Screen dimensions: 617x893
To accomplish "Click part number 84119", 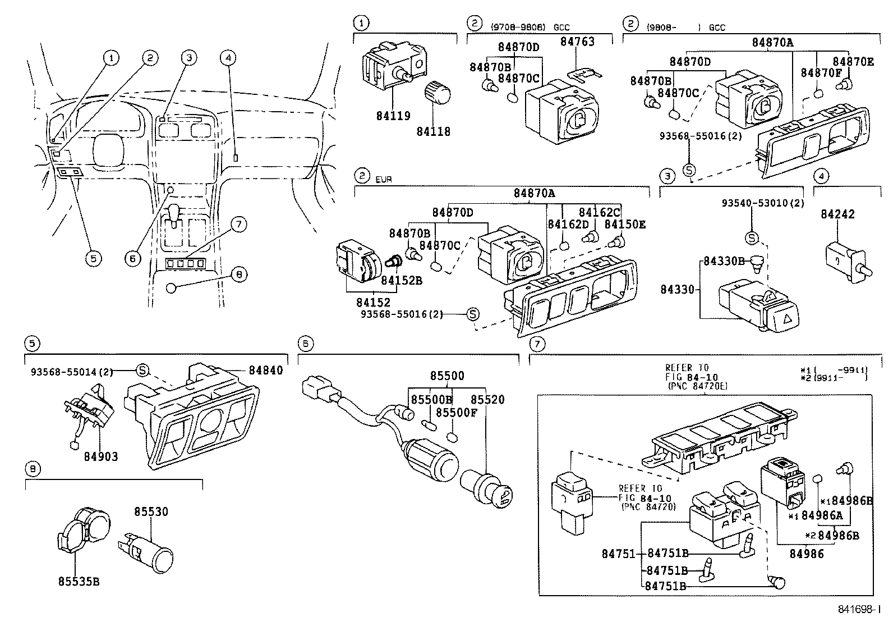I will pyautogui.click(x=393, y=116).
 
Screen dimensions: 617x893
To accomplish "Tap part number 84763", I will pyautogui.click(x=577, y=42).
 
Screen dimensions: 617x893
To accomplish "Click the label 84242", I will pyautogui.click(x=838, y=214).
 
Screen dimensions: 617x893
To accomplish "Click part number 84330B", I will pyautogui.click(x=724, y=261).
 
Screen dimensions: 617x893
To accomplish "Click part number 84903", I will pyautogui.click(x=101, y=456).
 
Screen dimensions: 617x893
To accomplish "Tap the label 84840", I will pyautogui.click(x=265, y=371).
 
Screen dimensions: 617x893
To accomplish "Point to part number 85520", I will pyautogui.click(x=487, y=400).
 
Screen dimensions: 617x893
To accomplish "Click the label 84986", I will pyautogui.click(x=807, y=554).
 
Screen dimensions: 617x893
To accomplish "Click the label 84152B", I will pyautogui.click(x=401, y=280).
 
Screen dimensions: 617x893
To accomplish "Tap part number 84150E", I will pyautogui.click(x=625, y=225).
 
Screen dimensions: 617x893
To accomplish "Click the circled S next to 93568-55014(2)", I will pyautogui.click(x=142, y=369).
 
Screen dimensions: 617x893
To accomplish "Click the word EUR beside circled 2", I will pyautogui.click(x=384, y=180).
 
